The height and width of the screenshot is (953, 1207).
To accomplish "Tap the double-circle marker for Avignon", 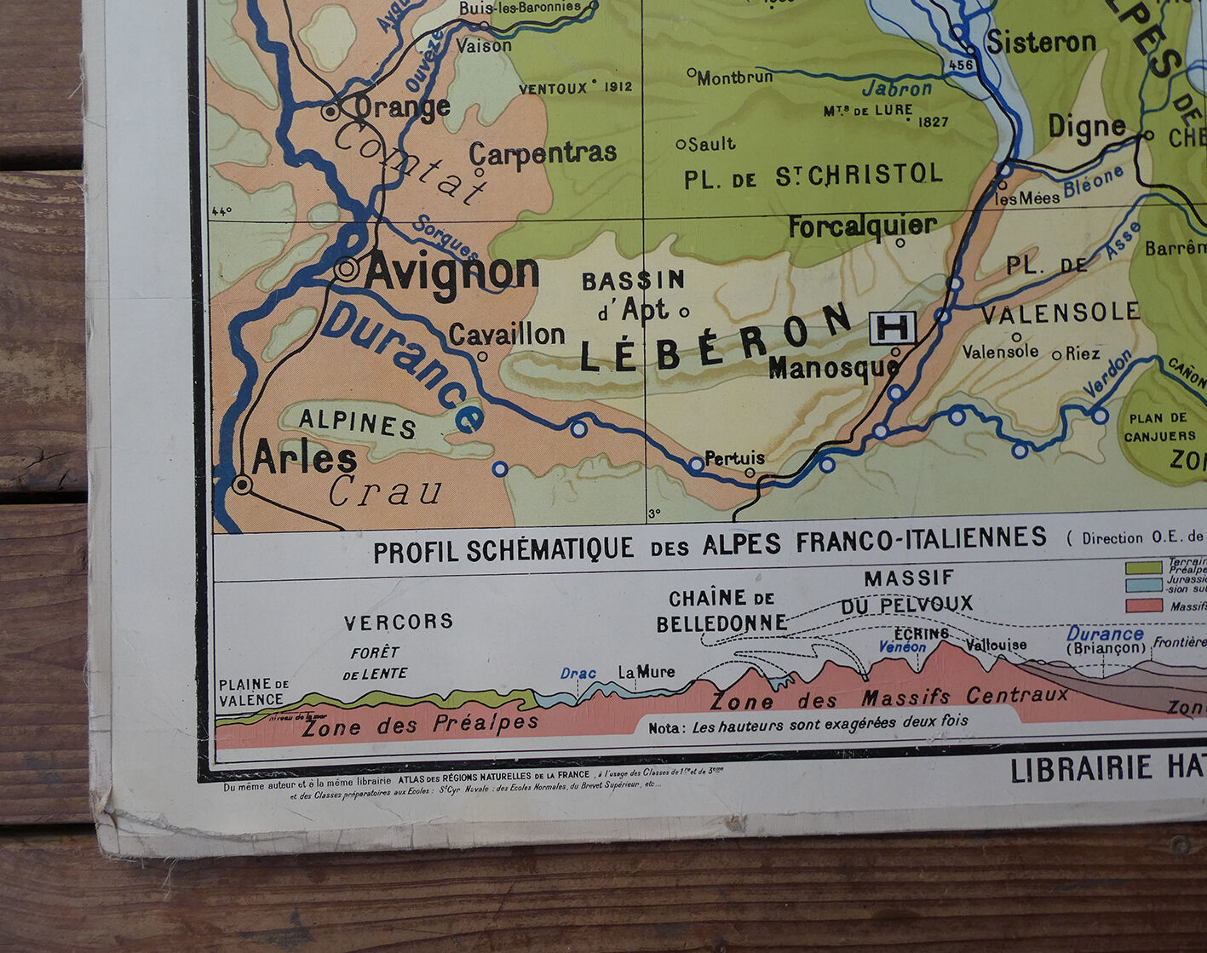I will coord(347,269).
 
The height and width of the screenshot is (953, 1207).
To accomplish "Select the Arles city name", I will coord(304,459).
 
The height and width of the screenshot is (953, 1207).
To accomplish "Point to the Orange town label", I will coord(401,108).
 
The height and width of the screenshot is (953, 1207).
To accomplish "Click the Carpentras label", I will coord(543,153).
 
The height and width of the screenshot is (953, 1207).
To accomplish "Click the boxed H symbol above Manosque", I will coord(892,327).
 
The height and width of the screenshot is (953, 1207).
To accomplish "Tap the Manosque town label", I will coord(833,368).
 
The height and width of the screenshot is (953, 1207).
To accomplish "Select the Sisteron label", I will coord(1041,42).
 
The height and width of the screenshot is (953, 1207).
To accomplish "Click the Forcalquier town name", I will coord(862,227).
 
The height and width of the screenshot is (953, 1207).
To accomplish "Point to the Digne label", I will coord(1086,127).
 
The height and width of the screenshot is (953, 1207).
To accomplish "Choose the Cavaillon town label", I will coord(507,335).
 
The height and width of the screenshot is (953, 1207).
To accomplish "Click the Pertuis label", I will coord(734,458).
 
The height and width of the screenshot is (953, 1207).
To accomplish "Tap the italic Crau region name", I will coord(386,491).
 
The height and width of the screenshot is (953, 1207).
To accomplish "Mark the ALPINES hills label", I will coord(357,422).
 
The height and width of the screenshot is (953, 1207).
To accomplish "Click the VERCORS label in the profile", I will coord(399,622).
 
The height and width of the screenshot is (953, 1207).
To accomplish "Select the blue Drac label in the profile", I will coord(578,674).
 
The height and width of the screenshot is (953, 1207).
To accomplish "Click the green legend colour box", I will coord(1143,567).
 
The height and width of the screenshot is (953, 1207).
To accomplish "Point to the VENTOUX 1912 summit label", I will coord(575,88).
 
